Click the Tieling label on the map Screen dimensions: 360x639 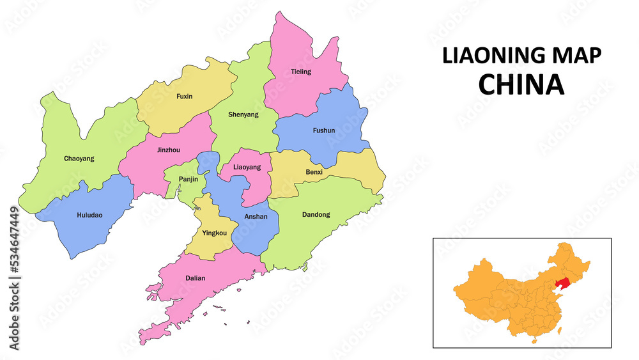(x=301, y=72)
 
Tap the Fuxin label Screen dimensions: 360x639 (x=184, y=97)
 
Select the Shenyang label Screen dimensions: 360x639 (x=243, y=114)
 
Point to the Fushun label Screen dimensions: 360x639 (x=323, y=130)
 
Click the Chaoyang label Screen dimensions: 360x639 (x=79, y=158)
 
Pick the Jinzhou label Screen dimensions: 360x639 (x=168, y=150)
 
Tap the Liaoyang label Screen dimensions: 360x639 (x=247, y=167)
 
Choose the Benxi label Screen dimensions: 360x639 (x=314, y=173)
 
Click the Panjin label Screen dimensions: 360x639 (x=188, y=180)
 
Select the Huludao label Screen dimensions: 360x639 (x=89, y=215)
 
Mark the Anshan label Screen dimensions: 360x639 (x=256, y=217)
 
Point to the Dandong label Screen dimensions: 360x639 (x=316, y=215)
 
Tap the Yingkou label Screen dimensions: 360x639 (x=214, y=233)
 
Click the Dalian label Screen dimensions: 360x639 (x=196, y=278)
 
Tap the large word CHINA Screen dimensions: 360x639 (x=521, y=84)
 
